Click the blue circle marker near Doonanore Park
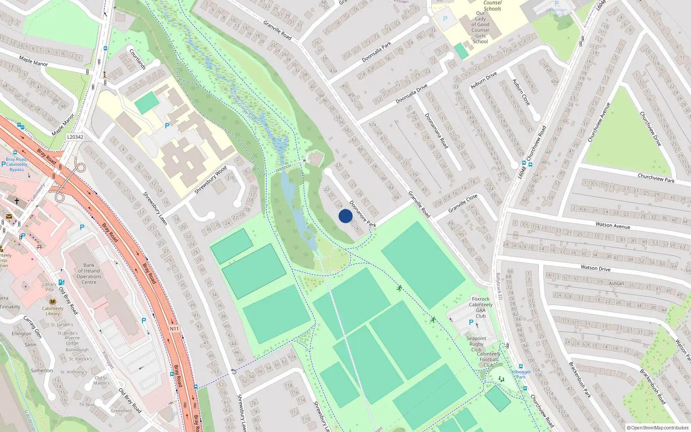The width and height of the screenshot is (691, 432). (x=345, y=216)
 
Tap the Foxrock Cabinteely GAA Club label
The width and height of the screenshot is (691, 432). (x=480, y=307)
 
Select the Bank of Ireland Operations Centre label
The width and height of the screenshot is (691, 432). (x=89, y=273)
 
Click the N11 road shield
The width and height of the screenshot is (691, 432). (x=174, y=329)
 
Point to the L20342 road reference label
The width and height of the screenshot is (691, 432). (x=75, y=137)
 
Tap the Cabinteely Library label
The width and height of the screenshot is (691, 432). (x=53, y=311)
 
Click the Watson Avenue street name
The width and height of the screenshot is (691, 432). (x=612, y=225)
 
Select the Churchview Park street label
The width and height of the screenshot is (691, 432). (x=656, y=178)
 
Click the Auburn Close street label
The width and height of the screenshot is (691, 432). (x=521, y=92)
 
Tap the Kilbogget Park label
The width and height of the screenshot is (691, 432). (x=521, y=374)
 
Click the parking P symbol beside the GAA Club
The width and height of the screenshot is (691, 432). (x=471, y=322)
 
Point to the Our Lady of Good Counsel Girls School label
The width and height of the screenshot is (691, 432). (x=480, y=27)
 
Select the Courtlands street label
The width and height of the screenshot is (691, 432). (x=138, y=59)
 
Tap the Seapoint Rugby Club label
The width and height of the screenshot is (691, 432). (x=476, y=344)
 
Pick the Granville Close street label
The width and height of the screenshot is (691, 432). (x=463, y=203)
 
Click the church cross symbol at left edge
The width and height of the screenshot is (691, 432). (x=17, y=201)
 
